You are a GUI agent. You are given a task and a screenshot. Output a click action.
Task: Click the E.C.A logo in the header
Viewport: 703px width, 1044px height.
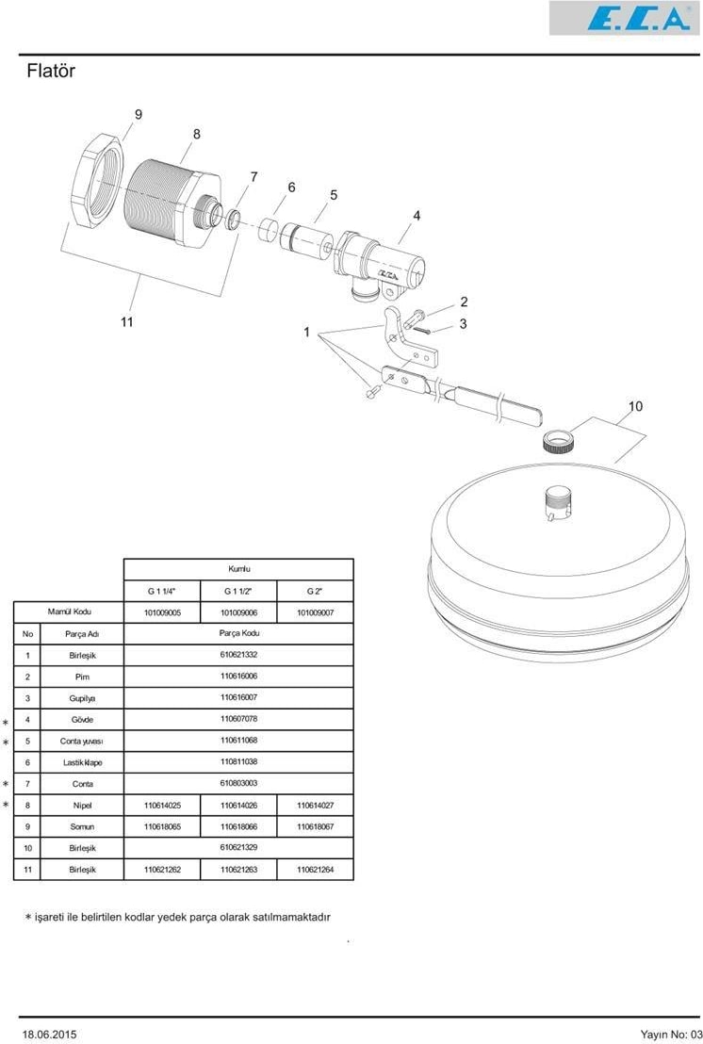(x=625, y=18)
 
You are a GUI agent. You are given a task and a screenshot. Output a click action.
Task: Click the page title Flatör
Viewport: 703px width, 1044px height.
(x=51, y=71)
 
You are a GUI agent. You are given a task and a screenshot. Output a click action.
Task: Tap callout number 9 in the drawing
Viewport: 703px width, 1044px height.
(x=139, y=115)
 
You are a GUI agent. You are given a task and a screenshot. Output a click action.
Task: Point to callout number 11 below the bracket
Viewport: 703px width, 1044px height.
(x=127, y=322)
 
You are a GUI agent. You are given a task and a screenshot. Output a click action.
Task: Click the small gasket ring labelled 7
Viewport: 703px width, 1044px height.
(x=233, y=220)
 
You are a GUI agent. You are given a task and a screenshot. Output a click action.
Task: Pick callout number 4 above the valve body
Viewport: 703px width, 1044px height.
(x=417, y=216)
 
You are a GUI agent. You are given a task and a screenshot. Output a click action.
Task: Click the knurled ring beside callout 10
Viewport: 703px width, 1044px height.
(x=560, y=441)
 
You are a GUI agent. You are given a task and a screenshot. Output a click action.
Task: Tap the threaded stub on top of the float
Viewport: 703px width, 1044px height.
(x=558, y=504)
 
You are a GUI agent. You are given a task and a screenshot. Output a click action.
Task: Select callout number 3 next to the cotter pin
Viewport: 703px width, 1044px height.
(x=464, y=324)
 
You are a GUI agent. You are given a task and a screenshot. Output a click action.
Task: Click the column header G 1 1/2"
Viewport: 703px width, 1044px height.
(x=238, y=591)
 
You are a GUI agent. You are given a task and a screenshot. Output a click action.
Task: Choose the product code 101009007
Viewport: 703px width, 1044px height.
(x=315, y=612)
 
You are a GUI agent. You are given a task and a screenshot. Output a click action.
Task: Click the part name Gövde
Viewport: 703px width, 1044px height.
(x=83, y=720)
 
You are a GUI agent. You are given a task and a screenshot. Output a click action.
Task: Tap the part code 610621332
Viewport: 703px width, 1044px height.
(x=238, y=655)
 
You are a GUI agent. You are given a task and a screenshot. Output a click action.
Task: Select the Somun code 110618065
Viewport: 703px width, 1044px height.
(x=162, y=827)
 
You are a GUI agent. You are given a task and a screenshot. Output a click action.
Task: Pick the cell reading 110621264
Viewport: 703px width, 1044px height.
(x=315, y=870)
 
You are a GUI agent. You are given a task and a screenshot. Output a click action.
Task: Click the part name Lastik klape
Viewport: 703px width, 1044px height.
(x=83, y=762)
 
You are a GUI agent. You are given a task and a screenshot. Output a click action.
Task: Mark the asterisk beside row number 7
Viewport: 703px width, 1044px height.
(x=6, y=784)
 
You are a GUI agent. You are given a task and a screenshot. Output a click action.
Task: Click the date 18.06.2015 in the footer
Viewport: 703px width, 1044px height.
(x=49, y=1034)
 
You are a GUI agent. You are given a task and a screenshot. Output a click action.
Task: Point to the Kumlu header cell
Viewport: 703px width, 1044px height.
(x=238, y=570)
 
